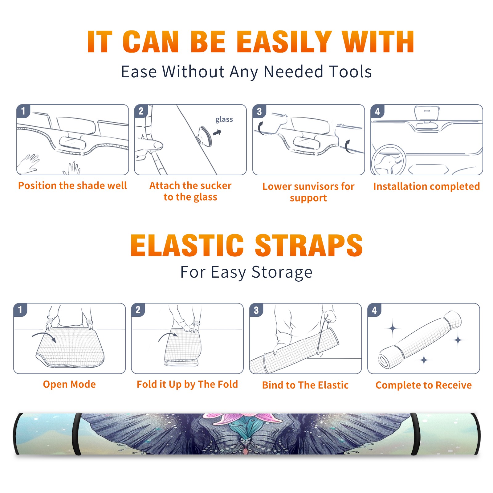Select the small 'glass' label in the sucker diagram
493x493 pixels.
click(x=224, y=120)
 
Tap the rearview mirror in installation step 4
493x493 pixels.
click(x=426, y=114)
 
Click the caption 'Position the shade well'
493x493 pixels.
click(x=72, y=185)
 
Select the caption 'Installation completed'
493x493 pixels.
click(x=426, y=186)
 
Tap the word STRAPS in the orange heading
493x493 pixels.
click(x=309, y=245)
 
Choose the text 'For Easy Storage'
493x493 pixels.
click(x=246, y=272)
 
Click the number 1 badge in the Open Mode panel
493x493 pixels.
click(x=20, y=310)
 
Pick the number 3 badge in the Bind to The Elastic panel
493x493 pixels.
click(x=256, y=310)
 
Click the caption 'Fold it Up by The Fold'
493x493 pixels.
click(x=187, y=385)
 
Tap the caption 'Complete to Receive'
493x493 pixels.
click(x=424, y=385)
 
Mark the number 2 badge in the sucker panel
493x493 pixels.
click(x=141, y=111)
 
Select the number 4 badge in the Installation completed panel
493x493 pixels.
click(x=377, y=111)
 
